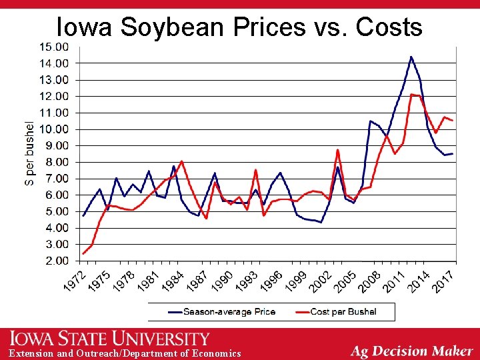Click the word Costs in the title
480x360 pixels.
coord(389,27)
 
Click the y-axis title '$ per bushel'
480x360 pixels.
coord(29,153)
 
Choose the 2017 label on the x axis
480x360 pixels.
coord(443,279)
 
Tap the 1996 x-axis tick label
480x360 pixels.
coord(272,279)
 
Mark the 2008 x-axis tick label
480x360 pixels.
coord(369,279)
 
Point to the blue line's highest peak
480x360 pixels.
coord(411,57)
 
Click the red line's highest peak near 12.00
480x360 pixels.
coord(412,95)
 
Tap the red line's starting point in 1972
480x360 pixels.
coord(83,253)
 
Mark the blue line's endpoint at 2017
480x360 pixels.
coord(453,153)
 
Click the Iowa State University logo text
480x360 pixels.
coord(109,339)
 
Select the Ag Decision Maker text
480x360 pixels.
coord(411,351)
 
